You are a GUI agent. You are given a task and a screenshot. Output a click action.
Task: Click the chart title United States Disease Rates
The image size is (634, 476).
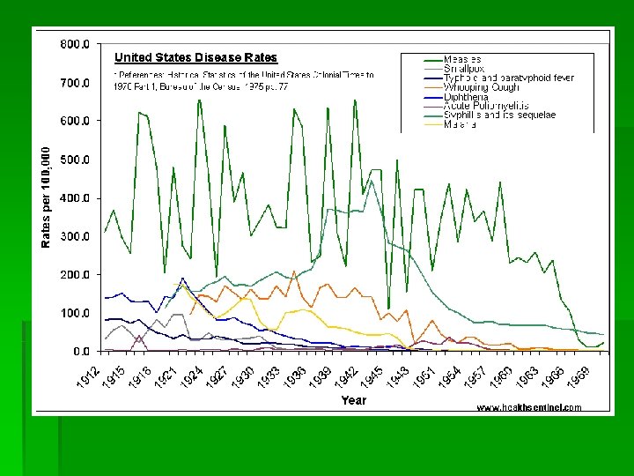196,58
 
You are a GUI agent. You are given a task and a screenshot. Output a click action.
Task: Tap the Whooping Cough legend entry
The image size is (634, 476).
482,87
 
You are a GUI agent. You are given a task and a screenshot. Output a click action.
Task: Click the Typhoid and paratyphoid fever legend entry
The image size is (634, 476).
509,78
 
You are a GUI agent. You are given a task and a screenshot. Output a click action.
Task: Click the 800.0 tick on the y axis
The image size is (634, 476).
74,44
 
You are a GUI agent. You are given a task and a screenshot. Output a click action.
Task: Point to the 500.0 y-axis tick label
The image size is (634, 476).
74,160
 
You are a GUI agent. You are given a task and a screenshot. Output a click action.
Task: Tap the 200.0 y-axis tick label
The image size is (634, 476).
74,275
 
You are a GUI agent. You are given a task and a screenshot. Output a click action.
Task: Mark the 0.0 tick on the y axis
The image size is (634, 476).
79,352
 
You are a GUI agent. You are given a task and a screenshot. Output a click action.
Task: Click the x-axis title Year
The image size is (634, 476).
354,399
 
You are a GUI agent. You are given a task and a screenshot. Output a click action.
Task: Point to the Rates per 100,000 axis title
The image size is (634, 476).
47,197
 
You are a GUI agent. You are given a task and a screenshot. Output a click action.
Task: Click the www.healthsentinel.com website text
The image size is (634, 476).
529,407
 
